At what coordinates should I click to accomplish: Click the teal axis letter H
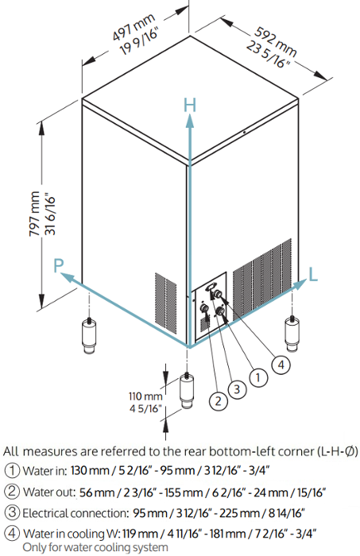(x=190, y=105)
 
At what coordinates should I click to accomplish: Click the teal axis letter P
(x=59, y=264)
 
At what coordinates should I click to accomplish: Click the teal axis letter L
(x=313, y=275)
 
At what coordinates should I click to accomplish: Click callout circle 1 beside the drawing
(x=258, y=377)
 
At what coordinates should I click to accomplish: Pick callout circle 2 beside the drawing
(x=219, y=400)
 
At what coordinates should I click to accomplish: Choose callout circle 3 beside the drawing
(x=237, y=389)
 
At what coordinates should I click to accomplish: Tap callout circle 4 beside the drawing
(x=281, y=365)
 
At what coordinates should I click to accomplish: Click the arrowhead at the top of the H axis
(x=190, y=120)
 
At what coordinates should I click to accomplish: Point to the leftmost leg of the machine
(x=89, y=335)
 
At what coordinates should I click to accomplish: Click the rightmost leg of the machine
(x=292, y=334)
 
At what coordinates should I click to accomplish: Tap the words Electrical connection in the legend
(x=75, y=513)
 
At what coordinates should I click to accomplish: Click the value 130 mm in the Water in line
(x=90, y=470)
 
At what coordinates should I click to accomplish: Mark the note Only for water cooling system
(x=95, y=547)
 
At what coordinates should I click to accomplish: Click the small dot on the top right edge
(x=245, y=132)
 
